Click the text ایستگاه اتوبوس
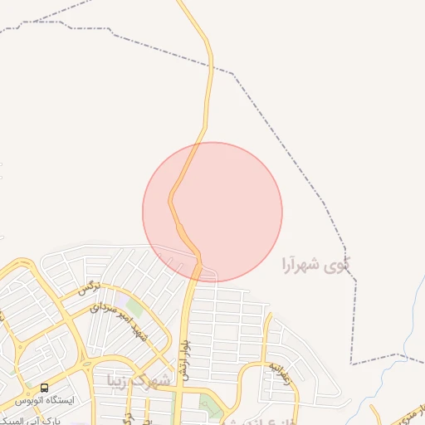70,400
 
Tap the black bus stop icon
44,388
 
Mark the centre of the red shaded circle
212,212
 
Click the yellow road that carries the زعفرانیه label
265,349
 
